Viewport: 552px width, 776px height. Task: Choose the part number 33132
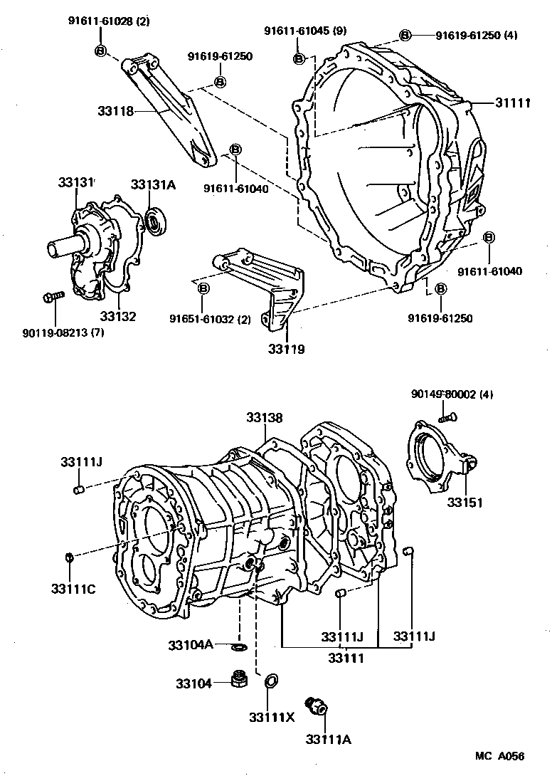click(x=117, y=316)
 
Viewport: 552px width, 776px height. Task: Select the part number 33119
click(x=287, y=349)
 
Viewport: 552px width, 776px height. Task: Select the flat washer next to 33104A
click(x=240, y=646)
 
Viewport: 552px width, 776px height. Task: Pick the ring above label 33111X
click(x=271, y=683)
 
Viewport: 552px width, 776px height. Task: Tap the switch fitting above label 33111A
click(x=314, y=705)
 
